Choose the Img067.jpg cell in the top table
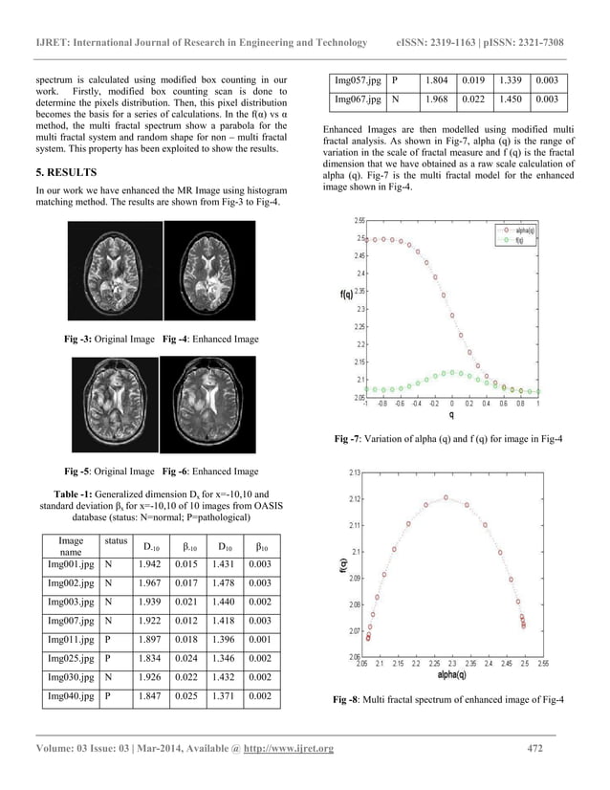coord(356,99)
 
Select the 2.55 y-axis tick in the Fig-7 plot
coord(359,220)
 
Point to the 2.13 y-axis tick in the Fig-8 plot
coord(355,472)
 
